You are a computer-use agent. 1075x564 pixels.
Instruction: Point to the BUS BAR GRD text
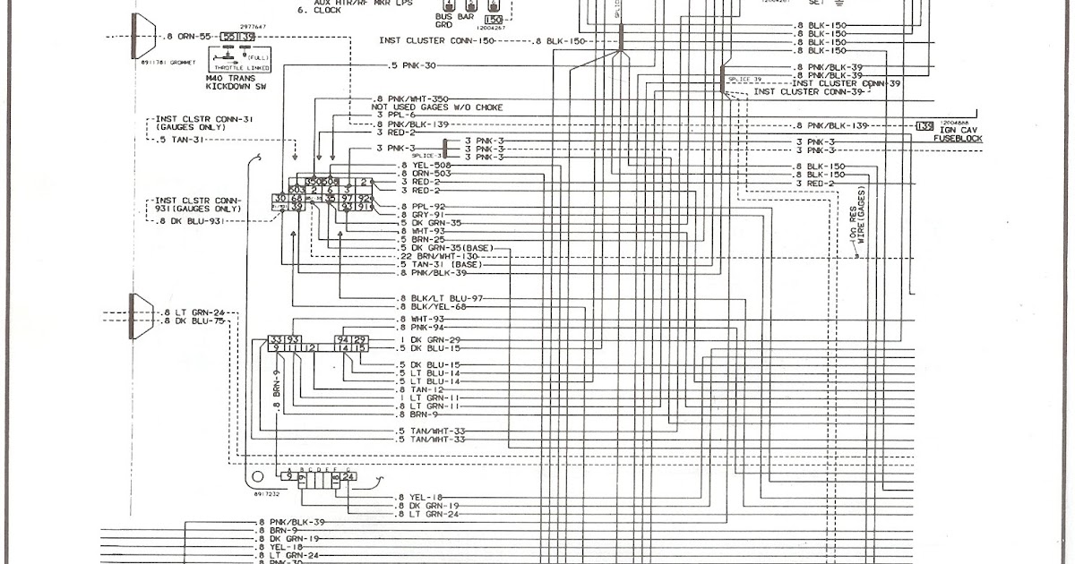[x=453, y=21]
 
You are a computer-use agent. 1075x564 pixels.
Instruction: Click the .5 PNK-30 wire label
[x=413, y=66]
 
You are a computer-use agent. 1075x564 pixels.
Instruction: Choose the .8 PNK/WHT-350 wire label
[x=410, y=98]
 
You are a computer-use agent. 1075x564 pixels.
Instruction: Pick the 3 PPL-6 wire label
[x=397, y=115]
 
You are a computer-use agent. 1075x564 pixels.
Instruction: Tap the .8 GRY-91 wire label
[x=422, y=215]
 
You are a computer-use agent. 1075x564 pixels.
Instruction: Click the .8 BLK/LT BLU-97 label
[x=439, y=297]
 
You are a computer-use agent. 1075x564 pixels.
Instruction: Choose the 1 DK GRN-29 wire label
[x=430, y=340]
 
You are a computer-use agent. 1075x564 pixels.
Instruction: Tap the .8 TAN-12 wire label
[x=420, y=390]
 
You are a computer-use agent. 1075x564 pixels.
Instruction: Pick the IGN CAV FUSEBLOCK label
[x=958, y=133]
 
